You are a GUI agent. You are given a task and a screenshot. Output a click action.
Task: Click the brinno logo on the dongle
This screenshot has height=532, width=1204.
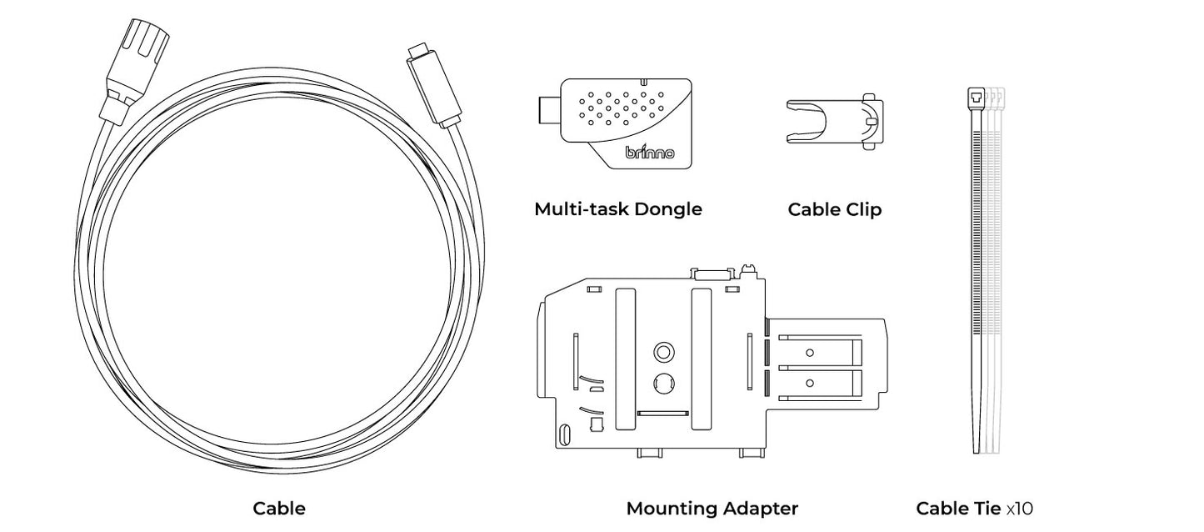[650, 153]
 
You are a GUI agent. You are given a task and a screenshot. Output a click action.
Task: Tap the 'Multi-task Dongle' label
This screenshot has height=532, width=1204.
[617, 208]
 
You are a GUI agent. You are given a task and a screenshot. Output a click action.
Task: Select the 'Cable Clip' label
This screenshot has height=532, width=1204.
[834, 209]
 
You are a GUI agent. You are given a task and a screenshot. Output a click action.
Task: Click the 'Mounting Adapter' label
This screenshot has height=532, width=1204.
[712, 508]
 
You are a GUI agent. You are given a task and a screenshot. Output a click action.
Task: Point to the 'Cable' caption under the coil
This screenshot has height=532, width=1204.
[279, 508]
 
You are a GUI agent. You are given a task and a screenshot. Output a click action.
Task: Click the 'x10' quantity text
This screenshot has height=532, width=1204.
[1020, 508]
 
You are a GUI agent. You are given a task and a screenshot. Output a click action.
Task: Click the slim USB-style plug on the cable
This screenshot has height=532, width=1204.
[434, 83]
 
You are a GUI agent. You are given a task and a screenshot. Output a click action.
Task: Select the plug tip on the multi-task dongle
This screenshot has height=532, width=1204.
[548, 110]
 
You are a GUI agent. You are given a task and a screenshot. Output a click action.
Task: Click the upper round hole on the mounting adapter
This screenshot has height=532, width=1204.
[663, 352]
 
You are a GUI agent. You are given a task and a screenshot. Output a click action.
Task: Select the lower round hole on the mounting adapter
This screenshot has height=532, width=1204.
[663, 384]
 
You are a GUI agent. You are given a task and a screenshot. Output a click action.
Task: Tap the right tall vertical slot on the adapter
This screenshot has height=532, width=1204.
[702, 359]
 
